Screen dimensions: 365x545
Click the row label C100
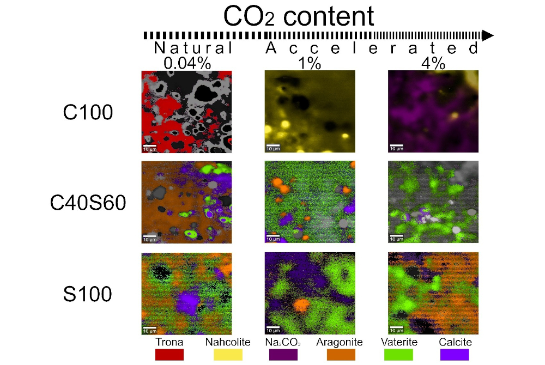(87, 112)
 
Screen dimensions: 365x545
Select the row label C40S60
(87, 203)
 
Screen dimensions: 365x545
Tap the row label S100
(87, 294)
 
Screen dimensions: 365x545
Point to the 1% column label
(310, 63)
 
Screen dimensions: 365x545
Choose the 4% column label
(433, 63)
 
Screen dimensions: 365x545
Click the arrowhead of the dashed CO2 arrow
(487, 35)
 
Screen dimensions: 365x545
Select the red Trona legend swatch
(169, 355)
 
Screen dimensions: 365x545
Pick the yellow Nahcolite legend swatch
(227, 355)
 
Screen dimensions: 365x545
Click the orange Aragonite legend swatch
(342, 355)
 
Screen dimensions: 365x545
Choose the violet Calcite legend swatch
(455, 355)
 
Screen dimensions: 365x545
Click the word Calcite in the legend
(455, 342)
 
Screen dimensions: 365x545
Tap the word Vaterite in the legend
(399, 342)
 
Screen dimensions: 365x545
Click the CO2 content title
(299, 16)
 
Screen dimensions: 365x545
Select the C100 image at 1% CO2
(310, 112)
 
